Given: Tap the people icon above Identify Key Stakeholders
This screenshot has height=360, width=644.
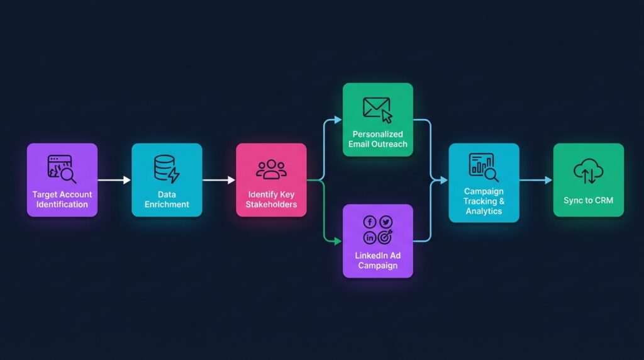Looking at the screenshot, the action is point(271,169).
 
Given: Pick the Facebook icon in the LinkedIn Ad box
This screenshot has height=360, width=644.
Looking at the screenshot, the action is point(370,222).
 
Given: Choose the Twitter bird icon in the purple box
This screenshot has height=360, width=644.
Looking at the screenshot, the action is point(386,222).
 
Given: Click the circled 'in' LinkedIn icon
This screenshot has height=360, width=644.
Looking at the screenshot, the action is point(370,237).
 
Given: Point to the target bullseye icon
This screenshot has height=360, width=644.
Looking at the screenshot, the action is point(386,237).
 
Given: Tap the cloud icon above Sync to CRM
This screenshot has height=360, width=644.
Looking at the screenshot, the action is point(588,171).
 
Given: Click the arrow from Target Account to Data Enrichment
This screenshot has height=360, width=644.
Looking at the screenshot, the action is point(114,180).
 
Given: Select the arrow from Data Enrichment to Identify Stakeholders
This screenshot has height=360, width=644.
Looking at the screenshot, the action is point(219,180).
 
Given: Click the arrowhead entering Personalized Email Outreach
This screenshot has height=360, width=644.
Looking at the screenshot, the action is point(338,120).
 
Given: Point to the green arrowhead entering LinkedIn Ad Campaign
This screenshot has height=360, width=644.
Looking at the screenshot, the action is point(338,241).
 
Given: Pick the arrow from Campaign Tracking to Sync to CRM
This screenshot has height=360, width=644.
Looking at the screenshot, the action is point(536,180).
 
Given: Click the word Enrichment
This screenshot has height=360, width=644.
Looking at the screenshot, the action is point(167,205).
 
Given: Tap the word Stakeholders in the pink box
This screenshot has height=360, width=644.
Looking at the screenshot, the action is point(271,205).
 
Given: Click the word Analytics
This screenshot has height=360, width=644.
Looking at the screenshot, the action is point(484,211).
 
